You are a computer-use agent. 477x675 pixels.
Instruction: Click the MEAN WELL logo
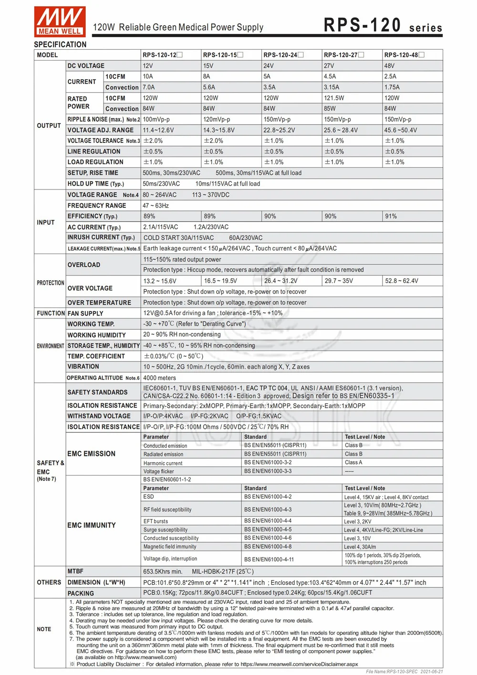(x=60, y=21)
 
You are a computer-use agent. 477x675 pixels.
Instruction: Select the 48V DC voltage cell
(x=390, y=66)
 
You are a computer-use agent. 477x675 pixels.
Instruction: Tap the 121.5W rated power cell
(x=334, y=98)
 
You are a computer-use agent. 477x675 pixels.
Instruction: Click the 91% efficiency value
(x=391, y=216)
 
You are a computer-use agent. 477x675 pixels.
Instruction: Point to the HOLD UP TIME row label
(x=95, y=184)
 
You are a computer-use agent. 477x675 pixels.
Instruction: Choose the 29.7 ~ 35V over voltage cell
(x=339, y=281)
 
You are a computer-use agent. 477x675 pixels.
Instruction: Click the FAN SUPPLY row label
(x=85, y=313)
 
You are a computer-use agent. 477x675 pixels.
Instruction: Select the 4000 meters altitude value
(x=159, y=378)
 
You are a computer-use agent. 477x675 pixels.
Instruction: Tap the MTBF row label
(x=75, y=571)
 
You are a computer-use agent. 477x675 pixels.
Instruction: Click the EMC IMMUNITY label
(x=92, y=525)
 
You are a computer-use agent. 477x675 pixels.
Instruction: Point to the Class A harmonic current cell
(x=353, y=463)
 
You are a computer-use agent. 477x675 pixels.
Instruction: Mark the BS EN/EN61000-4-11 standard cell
(x=269, y=559)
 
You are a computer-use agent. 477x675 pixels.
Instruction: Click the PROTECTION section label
(x=51, y=283)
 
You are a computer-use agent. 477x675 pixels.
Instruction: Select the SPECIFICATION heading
(x=60, y=44)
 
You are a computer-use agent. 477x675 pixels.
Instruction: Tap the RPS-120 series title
(x=383, y=25)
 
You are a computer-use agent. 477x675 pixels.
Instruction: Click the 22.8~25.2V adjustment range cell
(x=279, y=130)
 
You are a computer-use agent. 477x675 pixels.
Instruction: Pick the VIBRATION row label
(x=83, y=367)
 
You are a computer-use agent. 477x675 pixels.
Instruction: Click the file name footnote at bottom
(x=404, y=671)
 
